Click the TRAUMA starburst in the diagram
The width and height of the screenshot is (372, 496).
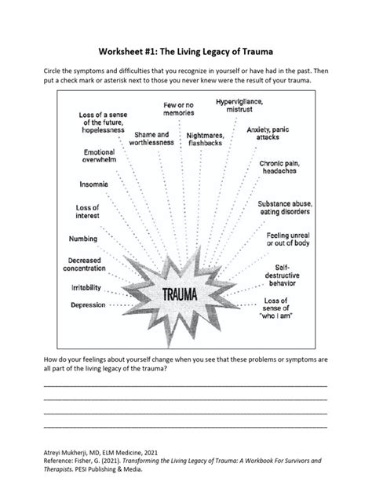click(185, 294)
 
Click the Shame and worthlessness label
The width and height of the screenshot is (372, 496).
click(151, 139)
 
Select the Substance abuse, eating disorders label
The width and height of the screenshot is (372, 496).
click(286, 207)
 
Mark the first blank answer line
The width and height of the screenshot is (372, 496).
click(185, 385)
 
